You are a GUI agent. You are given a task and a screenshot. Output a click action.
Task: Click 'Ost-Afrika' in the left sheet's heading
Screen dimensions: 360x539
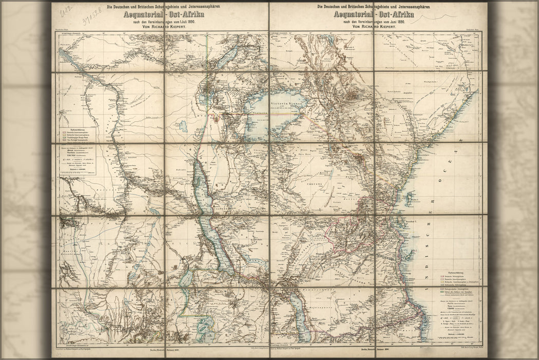(x=182, y=14)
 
